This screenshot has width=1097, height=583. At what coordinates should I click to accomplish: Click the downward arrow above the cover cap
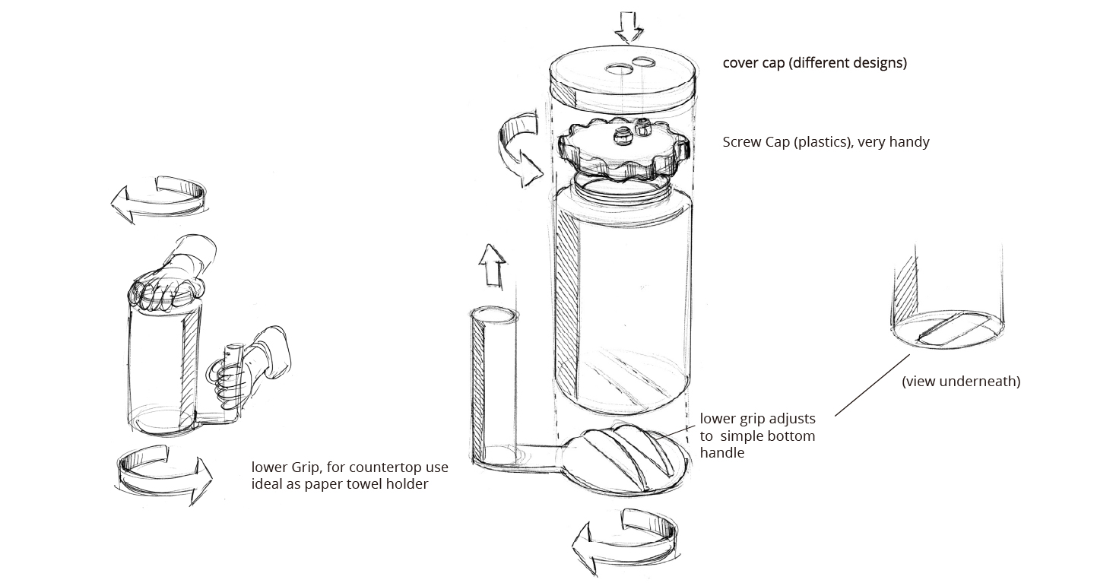tap(629, 27)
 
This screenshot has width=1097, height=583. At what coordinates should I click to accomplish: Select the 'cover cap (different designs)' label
tap(814, 63)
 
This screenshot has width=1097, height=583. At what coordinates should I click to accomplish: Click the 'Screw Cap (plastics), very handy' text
tap(826, 142)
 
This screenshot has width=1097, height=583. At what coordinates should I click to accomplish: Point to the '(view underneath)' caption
tap(961, 382)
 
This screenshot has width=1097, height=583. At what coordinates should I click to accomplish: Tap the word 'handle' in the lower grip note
tap(722, 452)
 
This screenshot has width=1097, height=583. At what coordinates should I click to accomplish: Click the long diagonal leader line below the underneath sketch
tap(872, 385)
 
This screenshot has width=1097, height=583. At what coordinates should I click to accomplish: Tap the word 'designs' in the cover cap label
tap(880, 63)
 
